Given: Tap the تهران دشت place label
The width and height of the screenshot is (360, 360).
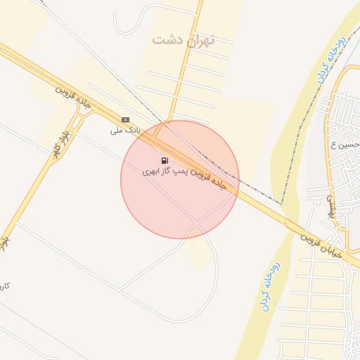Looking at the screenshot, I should click(182, 39).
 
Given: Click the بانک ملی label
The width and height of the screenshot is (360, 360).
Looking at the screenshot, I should click(127, 130).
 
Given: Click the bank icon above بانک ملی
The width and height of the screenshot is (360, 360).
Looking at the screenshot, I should click(125, 120).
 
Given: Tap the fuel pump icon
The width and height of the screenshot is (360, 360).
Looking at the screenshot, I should click(165, 161).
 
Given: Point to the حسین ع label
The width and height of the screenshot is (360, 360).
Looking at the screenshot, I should click(349, 146).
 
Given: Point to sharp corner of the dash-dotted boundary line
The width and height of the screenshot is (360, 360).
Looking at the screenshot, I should click(281, 203).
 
